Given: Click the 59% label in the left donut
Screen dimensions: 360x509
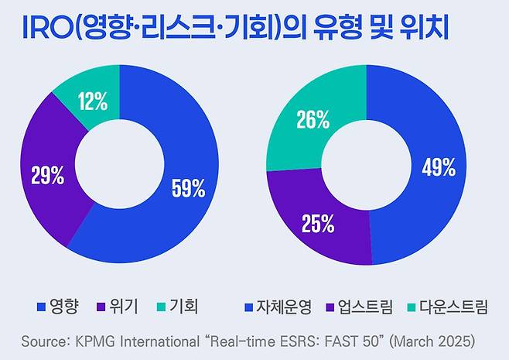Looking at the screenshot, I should tap(188, 187).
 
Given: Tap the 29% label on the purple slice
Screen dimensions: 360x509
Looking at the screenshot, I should tap(47, 176).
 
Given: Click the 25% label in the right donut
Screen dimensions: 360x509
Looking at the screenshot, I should tap(318, 225).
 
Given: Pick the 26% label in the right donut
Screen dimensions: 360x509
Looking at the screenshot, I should tap(313, 120).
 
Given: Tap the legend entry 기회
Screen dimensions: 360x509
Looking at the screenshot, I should tap(184, 307).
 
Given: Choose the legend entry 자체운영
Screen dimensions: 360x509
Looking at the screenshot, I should tap(283, 307).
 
